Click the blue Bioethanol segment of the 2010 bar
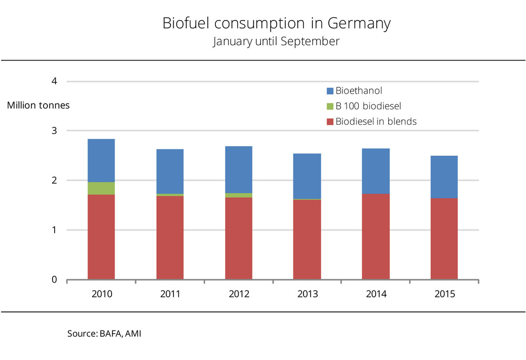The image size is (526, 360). pyautogui.click(x=101, y=161)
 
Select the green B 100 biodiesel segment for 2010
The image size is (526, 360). pyautogui.click(x=101, y=188)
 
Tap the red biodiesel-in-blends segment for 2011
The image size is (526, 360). pyautogui.click(x=170, y=237)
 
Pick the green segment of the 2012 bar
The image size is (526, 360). pyautogui.click(x=238, y=195)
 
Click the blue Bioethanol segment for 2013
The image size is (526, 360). pyautogui.click(x=307, y=176)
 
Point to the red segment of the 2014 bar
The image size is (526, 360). pyautogui.click(x=376, y=237)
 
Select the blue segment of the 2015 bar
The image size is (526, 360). pyautogui.click(x=444, y=177)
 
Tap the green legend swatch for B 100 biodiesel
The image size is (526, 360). pyautogui.click(x=330, y=106)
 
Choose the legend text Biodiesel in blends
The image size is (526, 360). pyautogui.click(x=376, y=122)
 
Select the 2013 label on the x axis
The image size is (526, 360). pyautogui.click(x=307, y=294)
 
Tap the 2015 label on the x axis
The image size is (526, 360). pyautogui.click(x=444, y=294)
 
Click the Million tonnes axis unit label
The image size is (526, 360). pyautogui.click(x=38, y=105)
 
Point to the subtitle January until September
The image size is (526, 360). pyautogui.click(x=276, y=42)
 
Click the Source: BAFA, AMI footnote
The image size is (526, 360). pyautogui.click(x=104, y=334)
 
